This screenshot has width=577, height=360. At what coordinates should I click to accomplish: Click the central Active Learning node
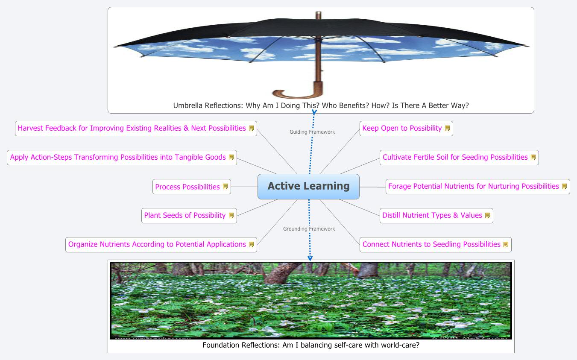pyautogui.click(x=308, y=186)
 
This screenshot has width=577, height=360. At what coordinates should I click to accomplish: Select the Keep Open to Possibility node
pyautogui.click(x=401, y=128)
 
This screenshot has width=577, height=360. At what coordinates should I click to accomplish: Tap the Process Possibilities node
pyautogui.click(x=187, y=187)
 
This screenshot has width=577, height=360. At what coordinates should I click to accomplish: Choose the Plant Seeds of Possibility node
pyautogui.click(x=185, y=215)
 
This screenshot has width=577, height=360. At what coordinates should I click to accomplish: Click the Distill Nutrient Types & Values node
pyautogui.click(x=432, y=215)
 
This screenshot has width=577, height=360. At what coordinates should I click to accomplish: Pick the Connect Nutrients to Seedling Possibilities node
pyautogui.click(x=431, y=244)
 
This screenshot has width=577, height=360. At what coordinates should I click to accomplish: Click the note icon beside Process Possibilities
pyautogui.click(x=226, y=187)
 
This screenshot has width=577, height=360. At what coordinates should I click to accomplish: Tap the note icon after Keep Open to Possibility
pyautogui.click(x=447, y=128)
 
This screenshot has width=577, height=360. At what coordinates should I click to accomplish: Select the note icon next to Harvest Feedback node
pyautogui.click(x=252, y=128)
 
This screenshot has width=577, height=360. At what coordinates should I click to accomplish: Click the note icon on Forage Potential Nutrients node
pyautogui.click(x=564, y=186)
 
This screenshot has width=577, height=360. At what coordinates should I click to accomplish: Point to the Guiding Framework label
pyautogui.click(x=312, y=132)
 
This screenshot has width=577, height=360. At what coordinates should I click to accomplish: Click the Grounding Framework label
pyautogui.click(x=309, y=229)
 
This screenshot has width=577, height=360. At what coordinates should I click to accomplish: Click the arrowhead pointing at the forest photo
pyautogui.click(x=310, y=258)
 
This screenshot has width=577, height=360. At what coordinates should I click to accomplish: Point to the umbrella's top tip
pyautogui.click(x=317, y=14)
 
